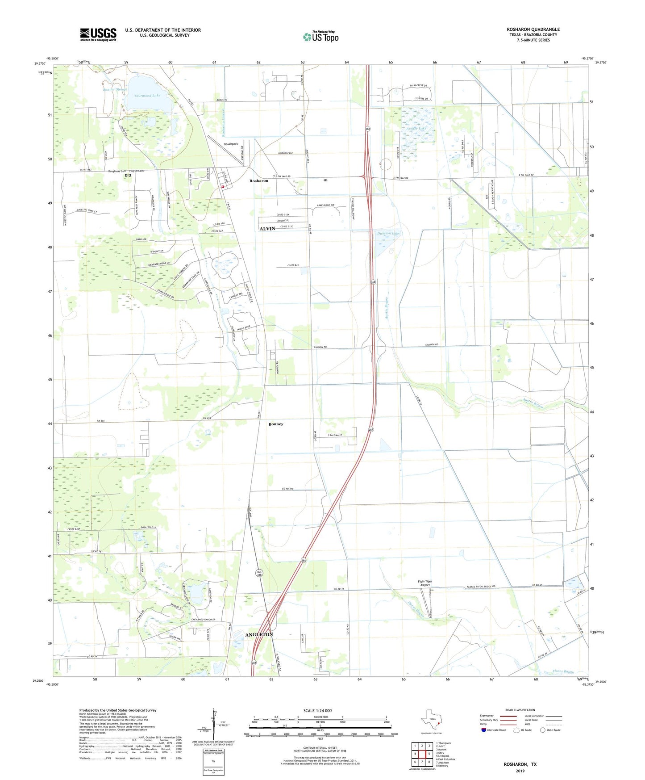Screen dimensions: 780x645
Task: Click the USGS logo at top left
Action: click(98, 34)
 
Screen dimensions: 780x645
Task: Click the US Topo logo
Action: click(320, 37)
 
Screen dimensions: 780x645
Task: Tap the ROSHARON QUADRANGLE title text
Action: click(533, 29)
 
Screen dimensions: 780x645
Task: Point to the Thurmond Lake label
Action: click(147, 96)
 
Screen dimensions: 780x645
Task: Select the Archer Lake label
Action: click(416, 129)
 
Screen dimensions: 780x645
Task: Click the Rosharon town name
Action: click(259, 181)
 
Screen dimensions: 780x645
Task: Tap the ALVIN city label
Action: click(267, 229)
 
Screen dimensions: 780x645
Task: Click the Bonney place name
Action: click(276, 424)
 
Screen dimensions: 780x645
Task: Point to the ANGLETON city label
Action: click(259, 634)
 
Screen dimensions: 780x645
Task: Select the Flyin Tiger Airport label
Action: click(424, 583)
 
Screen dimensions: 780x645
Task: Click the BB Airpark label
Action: click(231, 144)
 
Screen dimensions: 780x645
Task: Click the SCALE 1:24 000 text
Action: click(317, 710)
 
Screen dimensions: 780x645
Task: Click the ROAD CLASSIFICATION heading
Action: click(520, 710)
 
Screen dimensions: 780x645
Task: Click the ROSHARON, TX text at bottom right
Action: click(520, 764)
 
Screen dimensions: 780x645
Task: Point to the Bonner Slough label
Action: click(115, 89)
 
